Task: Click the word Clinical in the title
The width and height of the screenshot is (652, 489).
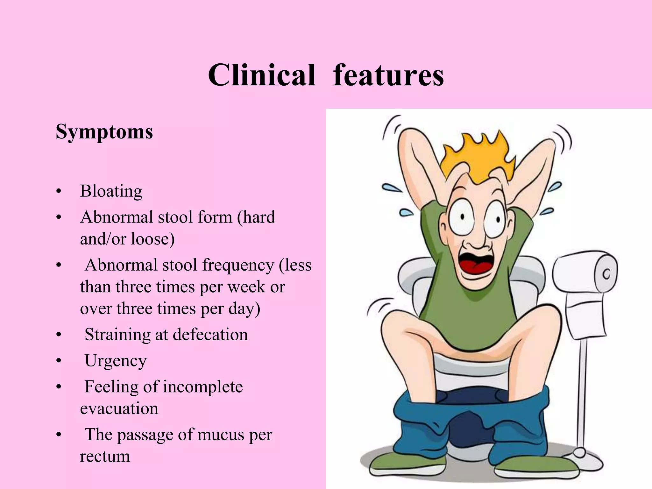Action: click(x=261, y=75)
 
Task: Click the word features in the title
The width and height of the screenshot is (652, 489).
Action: click(x=388, y=75)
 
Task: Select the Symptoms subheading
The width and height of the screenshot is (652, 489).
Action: click(x=104, y=131)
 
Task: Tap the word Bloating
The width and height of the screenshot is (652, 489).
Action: click(x=111, y=191)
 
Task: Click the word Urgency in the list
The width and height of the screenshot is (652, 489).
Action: click(x=116, y=361)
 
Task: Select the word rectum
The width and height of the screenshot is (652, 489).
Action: click(x=105, y=456)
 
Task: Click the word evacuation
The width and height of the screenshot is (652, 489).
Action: click(x=119, y=408)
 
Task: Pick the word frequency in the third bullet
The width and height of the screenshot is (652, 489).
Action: click(x=238, y=265)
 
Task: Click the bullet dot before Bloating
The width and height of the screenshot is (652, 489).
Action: click(x=58, y=192)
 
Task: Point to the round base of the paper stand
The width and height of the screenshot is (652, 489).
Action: click(x=579, y=453)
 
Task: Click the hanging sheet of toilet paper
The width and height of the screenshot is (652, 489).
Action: click(x=586, y=320)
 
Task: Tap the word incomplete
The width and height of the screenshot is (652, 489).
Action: click(x=203, y=387)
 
